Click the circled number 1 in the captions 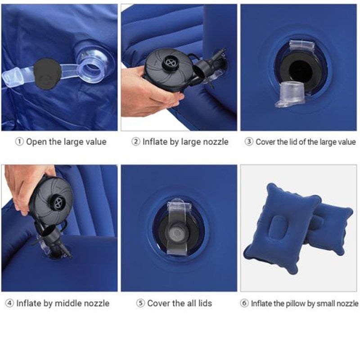pyautogui.click(x=19, y=142)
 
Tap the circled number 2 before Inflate pyautogui.click(x=136, y=142)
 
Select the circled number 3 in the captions pyautogui.click(x=249, y=142)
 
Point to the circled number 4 pyautogui.click(x=9, y=303)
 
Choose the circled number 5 pyautogui.click(x=140, y=303)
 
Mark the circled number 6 pyautogui.click(x=244, y=303)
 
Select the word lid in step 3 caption pyautogui.click(x=293, y=142)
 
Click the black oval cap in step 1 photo pyautogui.click(x=47, y=73)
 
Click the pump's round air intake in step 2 pyautogui.click(x=170, y=62)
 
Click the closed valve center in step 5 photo pyautogui.click(x=176, y=233)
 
